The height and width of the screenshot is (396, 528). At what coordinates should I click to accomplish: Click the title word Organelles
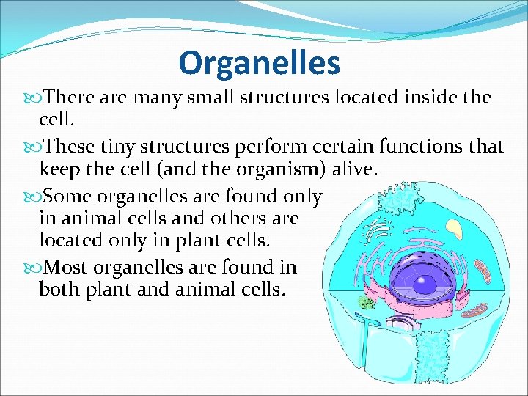259,63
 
